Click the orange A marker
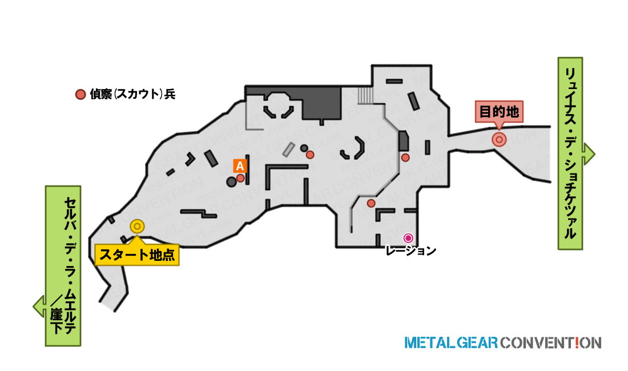240,166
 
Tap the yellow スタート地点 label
137,255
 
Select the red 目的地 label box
499,111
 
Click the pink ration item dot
408,238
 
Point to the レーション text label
410,251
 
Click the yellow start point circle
137,227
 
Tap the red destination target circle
499,140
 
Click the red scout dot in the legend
80,94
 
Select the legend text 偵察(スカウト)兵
132,94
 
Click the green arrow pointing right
589,154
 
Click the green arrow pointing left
39,307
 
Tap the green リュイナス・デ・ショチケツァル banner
570,154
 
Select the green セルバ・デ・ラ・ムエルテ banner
63,266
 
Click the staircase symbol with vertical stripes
365,96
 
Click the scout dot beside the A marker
240,178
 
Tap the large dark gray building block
321,103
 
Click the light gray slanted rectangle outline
288,150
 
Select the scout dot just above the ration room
371,203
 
